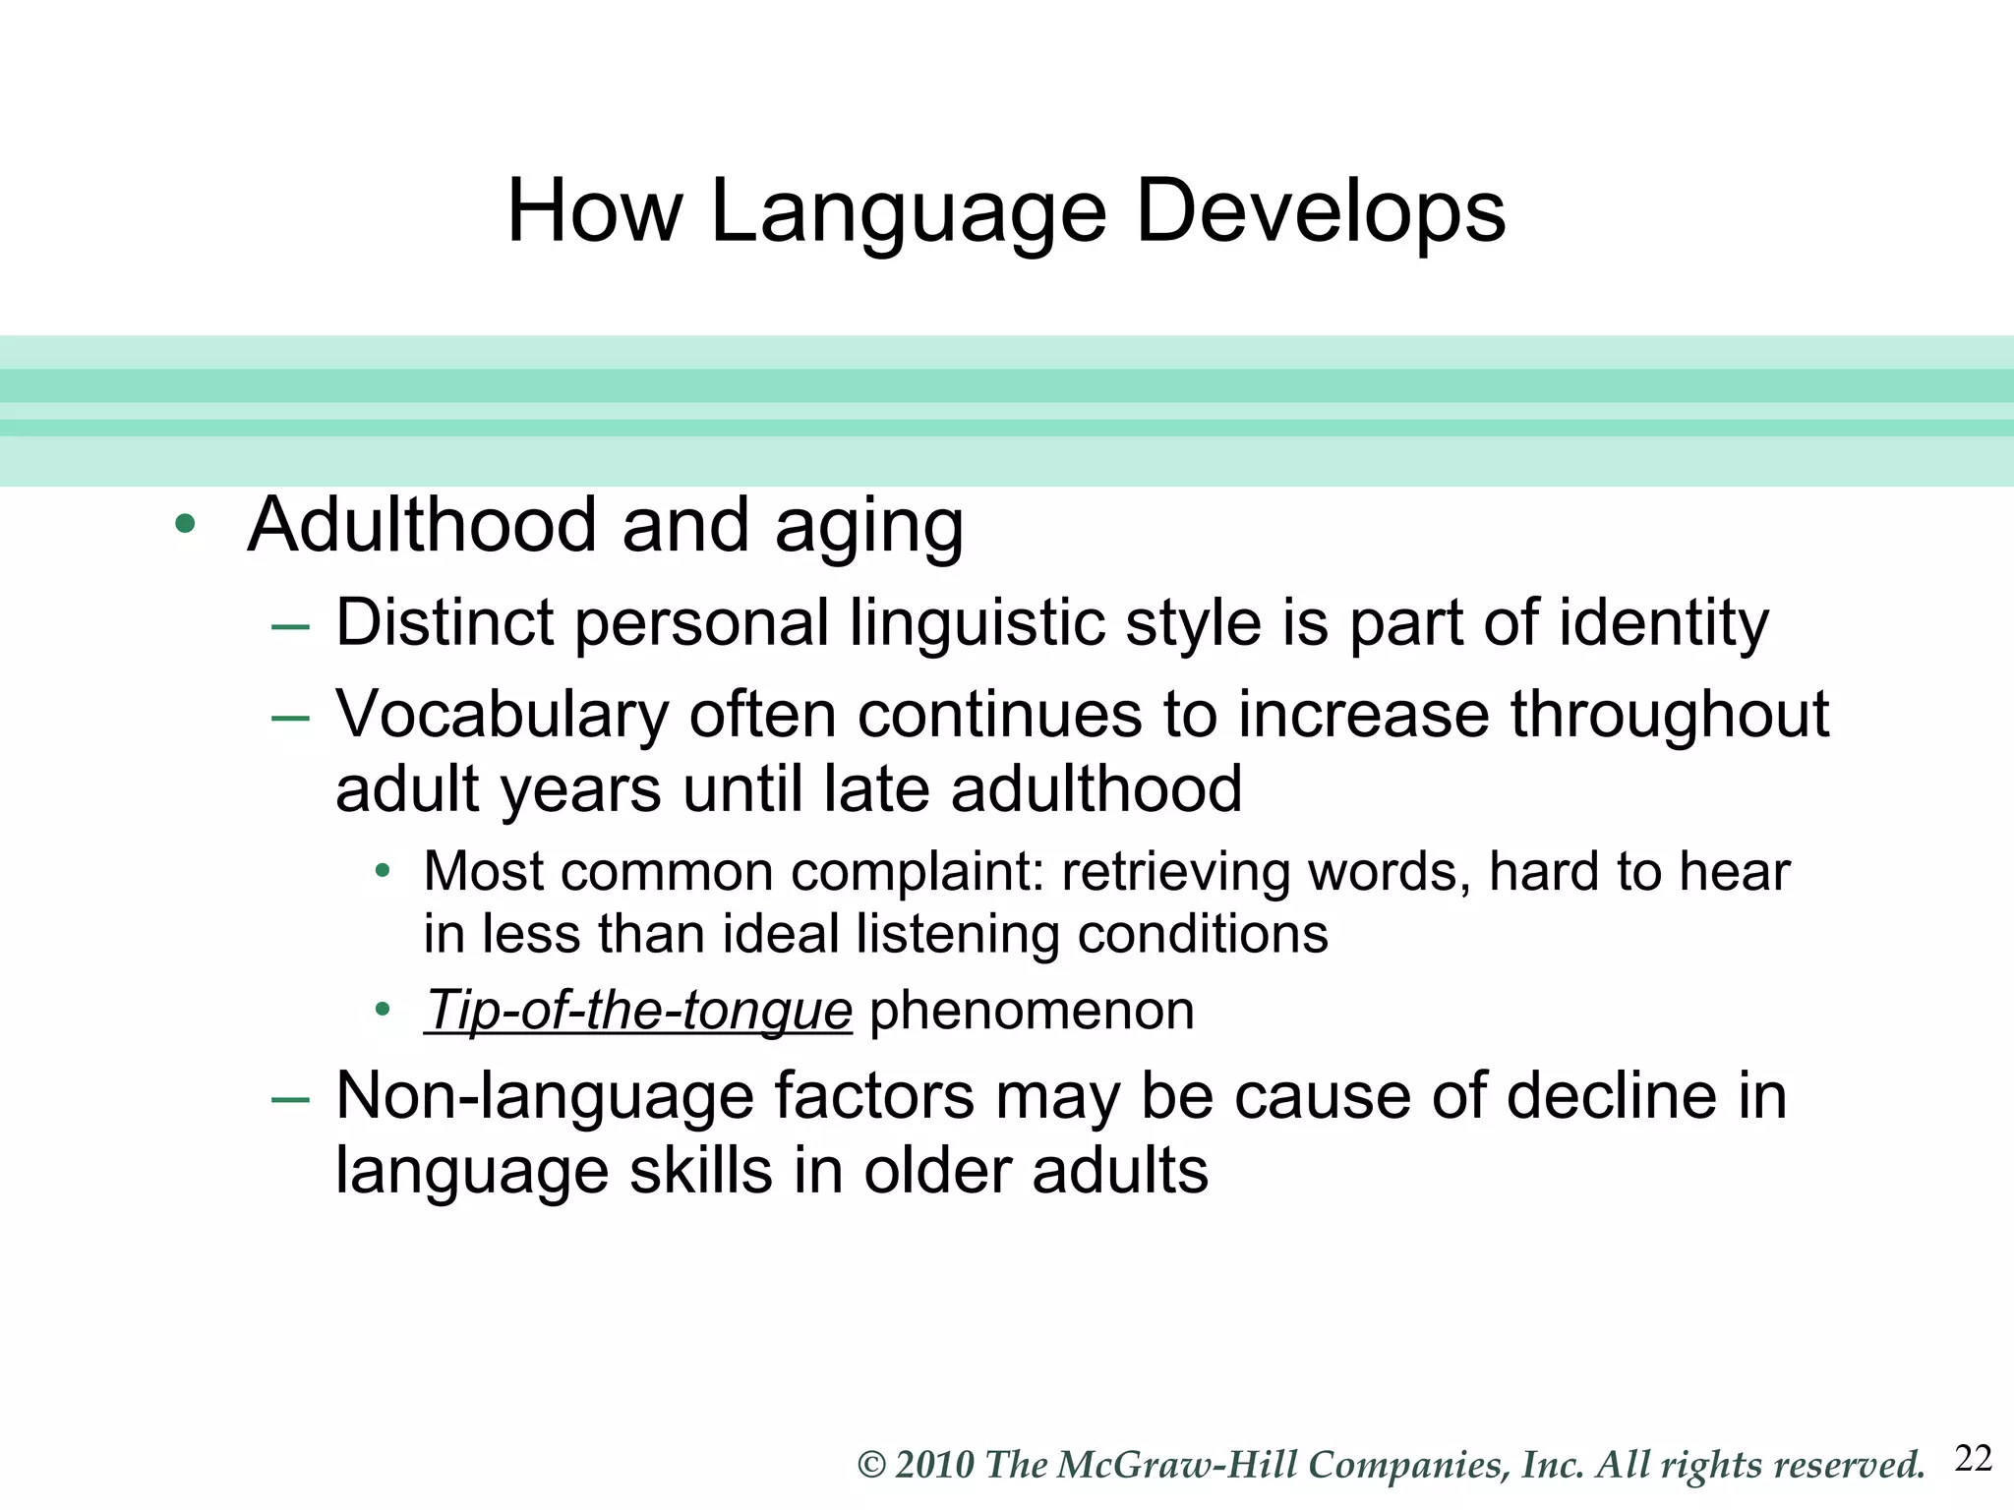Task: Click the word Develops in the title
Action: coord(1320,211)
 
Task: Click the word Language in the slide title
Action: coord(908,213)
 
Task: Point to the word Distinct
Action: coord(444,622)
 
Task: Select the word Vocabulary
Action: coord(503,714)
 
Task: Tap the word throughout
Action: coord(1669,714)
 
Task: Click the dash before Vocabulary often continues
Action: coord(290,717)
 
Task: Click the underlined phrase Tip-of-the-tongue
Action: coord(638,1011)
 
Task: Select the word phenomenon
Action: coord(1032,1011)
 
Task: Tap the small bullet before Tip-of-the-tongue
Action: coord(383,1010)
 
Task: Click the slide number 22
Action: coord(1973,1459)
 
